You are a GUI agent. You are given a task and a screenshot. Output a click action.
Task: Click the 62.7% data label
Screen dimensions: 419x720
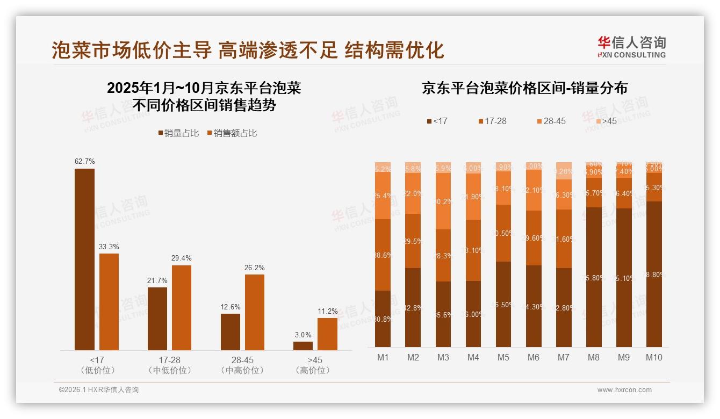pyautogui.click(x=85, y=161)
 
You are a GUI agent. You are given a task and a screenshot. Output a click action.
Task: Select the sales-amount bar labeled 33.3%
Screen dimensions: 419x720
pyautogui.click(x=109, y=301)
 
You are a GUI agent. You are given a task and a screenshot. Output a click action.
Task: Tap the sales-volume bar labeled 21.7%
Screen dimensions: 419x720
pyautogui.click(x=157, y=319)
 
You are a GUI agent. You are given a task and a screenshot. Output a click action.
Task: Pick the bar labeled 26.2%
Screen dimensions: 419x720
pyautogui.click(x=255, y=312)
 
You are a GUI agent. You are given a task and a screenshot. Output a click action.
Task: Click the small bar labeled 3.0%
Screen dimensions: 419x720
pyautogui.click(x=303, y=345)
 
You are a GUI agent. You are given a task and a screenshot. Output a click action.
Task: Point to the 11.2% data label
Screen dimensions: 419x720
pyautogui.click(x=328, y=311)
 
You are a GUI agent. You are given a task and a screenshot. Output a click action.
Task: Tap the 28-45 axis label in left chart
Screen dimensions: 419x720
pyautogui.click(x=242, y=360)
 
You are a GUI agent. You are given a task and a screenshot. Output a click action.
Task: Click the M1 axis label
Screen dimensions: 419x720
pyautogui.click(x=383, y=357)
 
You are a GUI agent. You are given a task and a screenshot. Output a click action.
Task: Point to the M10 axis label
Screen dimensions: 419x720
pyautogui.click(x=653, y=357)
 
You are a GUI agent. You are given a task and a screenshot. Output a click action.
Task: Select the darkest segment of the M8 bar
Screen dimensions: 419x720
pyautogui.click(x=594, y=277)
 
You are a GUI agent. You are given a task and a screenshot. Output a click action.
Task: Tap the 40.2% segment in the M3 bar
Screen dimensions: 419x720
pyautogui.click(x=443, y=201)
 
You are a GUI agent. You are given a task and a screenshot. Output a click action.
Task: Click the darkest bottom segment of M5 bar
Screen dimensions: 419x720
pyautogui.click(x=503, y=304)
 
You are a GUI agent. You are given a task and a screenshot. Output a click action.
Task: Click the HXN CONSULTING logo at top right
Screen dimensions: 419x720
pyautogui.click(x=631, y=47)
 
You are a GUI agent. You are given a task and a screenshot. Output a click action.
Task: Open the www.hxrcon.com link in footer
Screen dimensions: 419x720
pyautogui.click(x=624, y=390)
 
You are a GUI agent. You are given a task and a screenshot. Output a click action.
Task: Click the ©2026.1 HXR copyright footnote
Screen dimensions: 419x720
pyautogui.click(x=99, y=390)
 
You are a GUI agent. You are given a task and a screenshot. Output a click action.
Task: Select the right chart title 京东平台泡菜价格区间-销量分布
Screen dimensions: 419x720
pyautogui.click(x=524, y=88)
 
